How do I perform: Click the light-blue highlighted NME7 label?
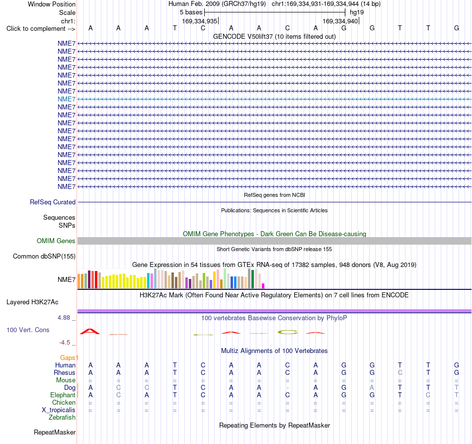pos(67,99)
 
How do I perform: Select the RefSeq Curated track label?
pos(53,202)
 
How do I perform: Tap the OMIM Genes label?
pos(56,241)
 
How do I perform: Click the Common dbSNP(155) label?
pos(44,257)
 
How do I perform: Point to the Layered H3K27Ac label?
pos(32,302)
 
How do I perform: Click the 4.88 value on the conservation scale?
pos(64,318)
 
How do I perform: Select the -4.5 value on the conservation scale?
pos(65,343)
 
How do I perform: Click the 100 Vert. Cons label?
pos(28,330)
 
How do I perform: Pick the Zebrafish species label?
pos(62,418)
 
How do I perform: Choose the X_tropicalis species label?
pos(59,410)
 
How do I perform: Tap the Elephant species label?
pos(63,395)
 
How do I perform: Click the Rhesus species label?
pos(65,372)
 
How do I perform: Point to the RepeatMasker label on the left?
pos(55,432)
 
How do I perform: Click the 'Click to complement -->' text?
pos(41,29)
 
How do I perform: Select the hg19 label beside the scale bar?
pos(357,12)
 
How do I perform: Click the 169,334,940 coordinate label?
pos(340,21)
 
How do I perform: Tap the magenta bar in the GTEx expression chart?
pos(263,286)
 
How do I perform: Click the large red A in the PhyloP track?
pos(90,331)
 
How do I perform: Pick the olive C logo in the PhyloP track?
pos(288,332)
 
